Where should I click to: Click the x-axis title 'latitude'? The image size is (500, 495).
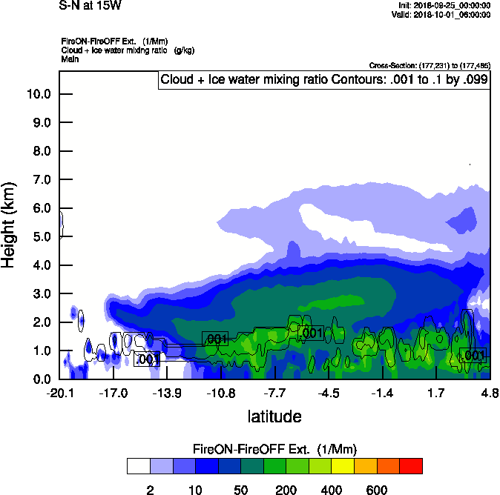[x=274, y=416]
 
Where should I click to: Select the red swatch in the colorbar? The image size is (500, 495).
[x=411, y=466]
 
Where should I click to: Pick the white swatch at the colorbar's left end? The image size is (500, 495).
[x=138, y=466]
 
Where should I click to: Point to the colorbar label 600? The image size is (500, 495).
[x=377, y=490]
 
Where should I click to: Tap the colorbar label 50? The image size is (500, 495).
[x=240, y=490]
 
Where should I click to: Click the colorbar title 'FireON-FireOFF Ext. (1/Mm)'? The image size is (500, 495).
[x=274, y=449]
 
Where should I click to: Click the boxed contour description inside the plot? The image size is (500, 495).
[x=324, y=80]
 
